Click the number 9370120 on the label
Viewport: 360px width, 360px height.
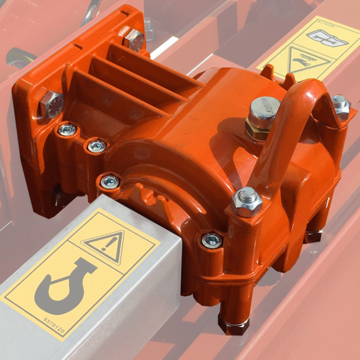[x=45, y=324]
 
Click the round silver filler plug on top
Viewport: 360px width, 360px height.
[x=265, y=108]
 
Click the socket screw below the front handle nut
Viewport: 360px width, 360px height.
[x=212, y=240]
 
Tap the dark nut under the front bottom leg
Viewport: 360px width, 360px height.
[x=233, y=324]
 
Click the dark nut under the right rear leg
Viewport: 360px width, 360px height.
[x=312, y=236]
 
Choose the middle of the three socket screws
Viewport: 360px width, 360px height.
[x=97, y=146]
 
